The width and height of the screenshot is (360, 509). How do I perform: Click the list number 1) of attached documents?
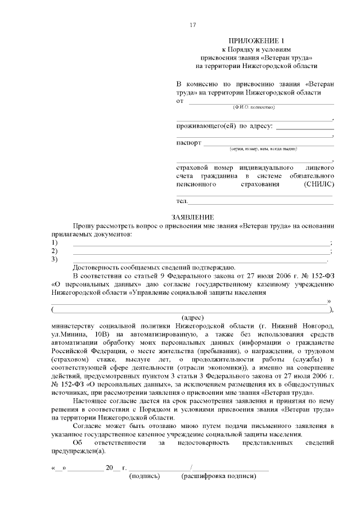55,242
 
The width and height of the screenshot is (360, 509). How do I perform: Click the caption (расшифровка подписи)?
218,476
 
